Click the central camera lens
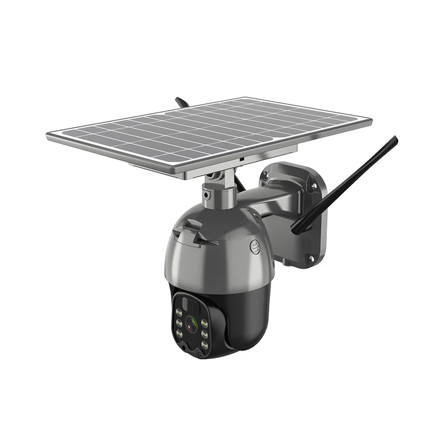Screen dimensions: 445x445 [x=191, y=323]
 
